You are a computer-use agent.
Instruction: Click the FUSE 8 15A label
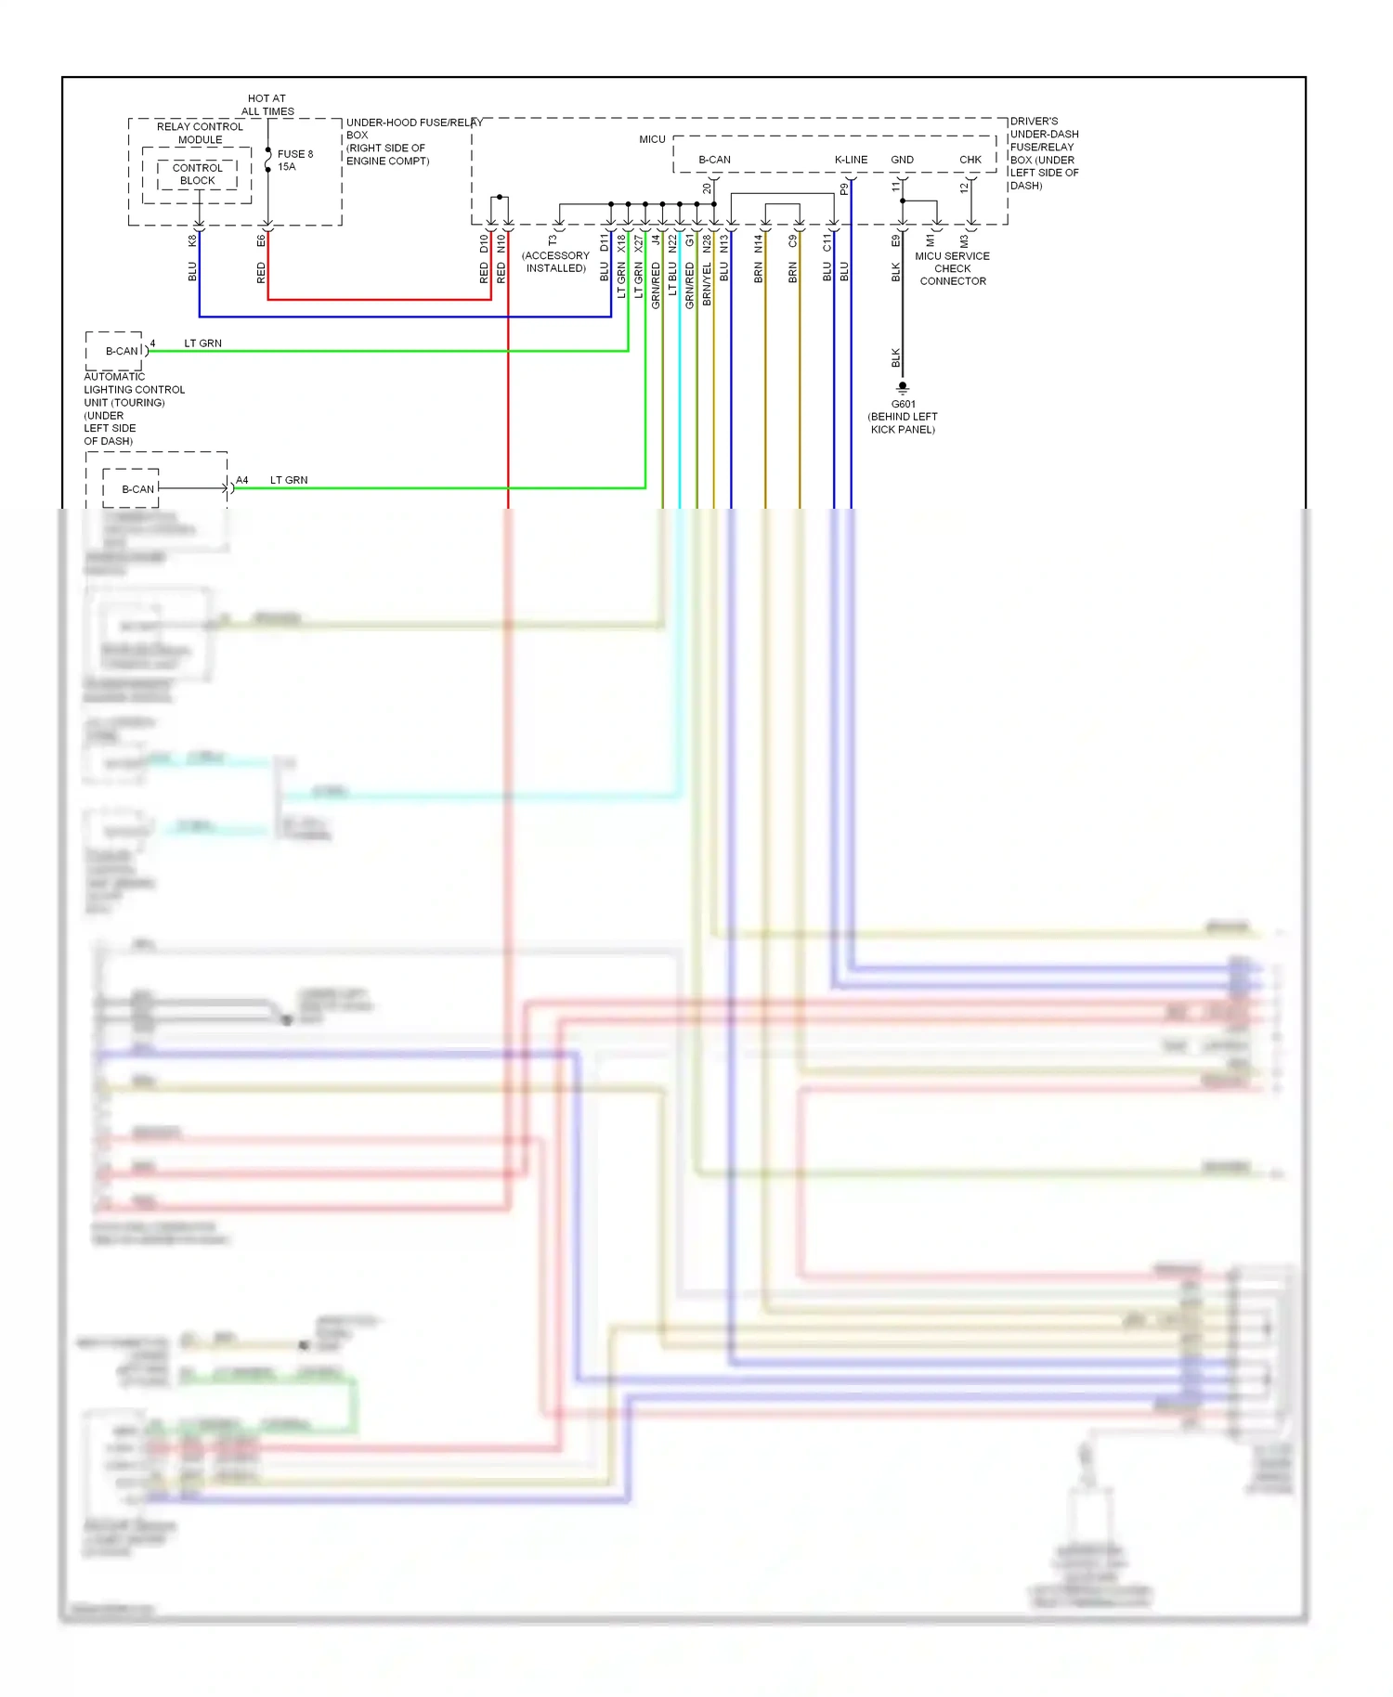pyautogui.click(x=294, y=161)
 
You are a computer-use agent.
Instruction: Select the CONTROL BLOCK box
pyautogui.click(x=197, y=175)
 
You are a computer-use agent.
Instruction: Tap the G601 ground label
pyautogui.click(x=903, y=404)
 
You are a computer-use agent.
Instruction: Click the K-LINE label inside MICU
pyautogui.click(x=851, y=160)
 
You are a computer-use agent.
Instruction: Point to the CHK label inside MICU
pyautogui.click(x=970, y=160)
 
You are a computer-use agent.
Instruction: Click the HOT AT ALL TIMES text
pyautogui.click(x=267, y=105)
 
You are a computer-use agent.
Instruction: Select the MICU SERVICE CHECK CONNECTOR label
pyautogui.click(x=953, y=268)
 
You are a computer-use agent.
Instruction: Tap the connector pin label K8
pyautogui.click(x=193, y=240)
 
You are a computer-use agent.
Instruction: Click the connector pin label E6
pyautogui.click(x=261, y=240)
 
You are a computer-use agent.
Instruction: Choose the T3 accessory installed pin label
pyautogui.click(x=553, y=240)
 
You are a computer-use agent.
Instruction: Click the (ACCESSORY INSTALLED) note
pyautogui.click(x=555, y=262)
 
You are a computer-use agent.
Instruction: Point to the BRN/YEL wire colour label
pyautogui.click(x=707, y=283)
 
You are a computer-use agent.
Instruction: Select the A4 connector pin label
pyautogui.click(x=241, y=480)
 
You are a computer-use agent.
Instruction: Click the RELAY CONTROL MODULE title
pyautogui.click(x=200, y=133)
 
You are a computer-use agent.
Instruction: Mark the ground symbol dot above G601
pyautogui.click(x=903, y=385)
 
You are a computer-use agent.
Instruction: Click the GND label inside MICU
pyautogui.click(x=902, y=160)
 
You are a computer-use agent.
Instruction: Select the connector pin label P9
pyautogui.click(x=844, y=188)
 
